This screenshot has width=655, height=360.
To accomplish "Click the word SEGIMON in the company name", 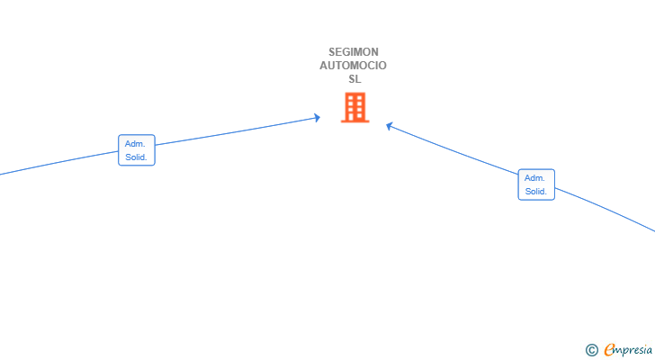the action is pos(354,52).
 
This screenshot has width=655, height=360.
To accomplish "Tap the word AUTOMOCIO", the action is pos(354,66).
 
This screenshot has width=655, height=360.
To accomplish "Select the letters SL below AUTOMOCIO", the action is pos(354,79).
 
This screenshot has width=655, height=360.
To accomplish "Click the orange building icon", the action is pos(355,107).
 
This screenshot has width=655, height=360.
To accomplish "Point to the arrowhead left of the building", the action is pos(318,118).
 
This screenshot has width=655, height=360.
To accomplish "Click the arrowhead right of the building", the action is pos(390,126).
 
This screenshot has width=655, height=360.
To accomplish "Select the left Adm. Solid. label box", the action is pos(137,150).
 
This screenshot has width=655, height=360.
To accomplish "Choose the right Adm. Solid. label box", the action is pos(536,184).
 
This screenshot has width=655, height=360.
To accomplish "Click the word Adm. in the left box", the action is pos(135,144).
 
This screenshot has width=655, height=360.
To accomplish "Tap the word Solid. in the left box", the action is pos(136,157).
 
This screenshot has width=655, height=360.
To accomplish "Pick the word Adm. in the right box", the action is pos(534,178).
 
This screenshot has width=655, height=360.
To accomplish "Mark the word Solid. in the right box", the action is pos(536,192).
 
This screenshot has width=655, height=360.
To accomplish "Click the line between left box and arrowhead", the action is pos(237,131).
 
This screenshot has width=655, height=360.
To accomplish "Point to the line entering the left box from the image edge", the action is pos(58,163).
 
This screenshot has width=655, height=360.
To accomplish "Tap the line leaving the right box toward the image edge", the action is pos(606,209).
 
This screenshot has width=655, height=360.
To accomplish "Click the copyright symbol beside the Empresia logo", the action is pos(591,350).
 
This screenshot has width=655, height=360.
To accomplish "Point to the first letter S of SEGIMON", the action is pos(332,52).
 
